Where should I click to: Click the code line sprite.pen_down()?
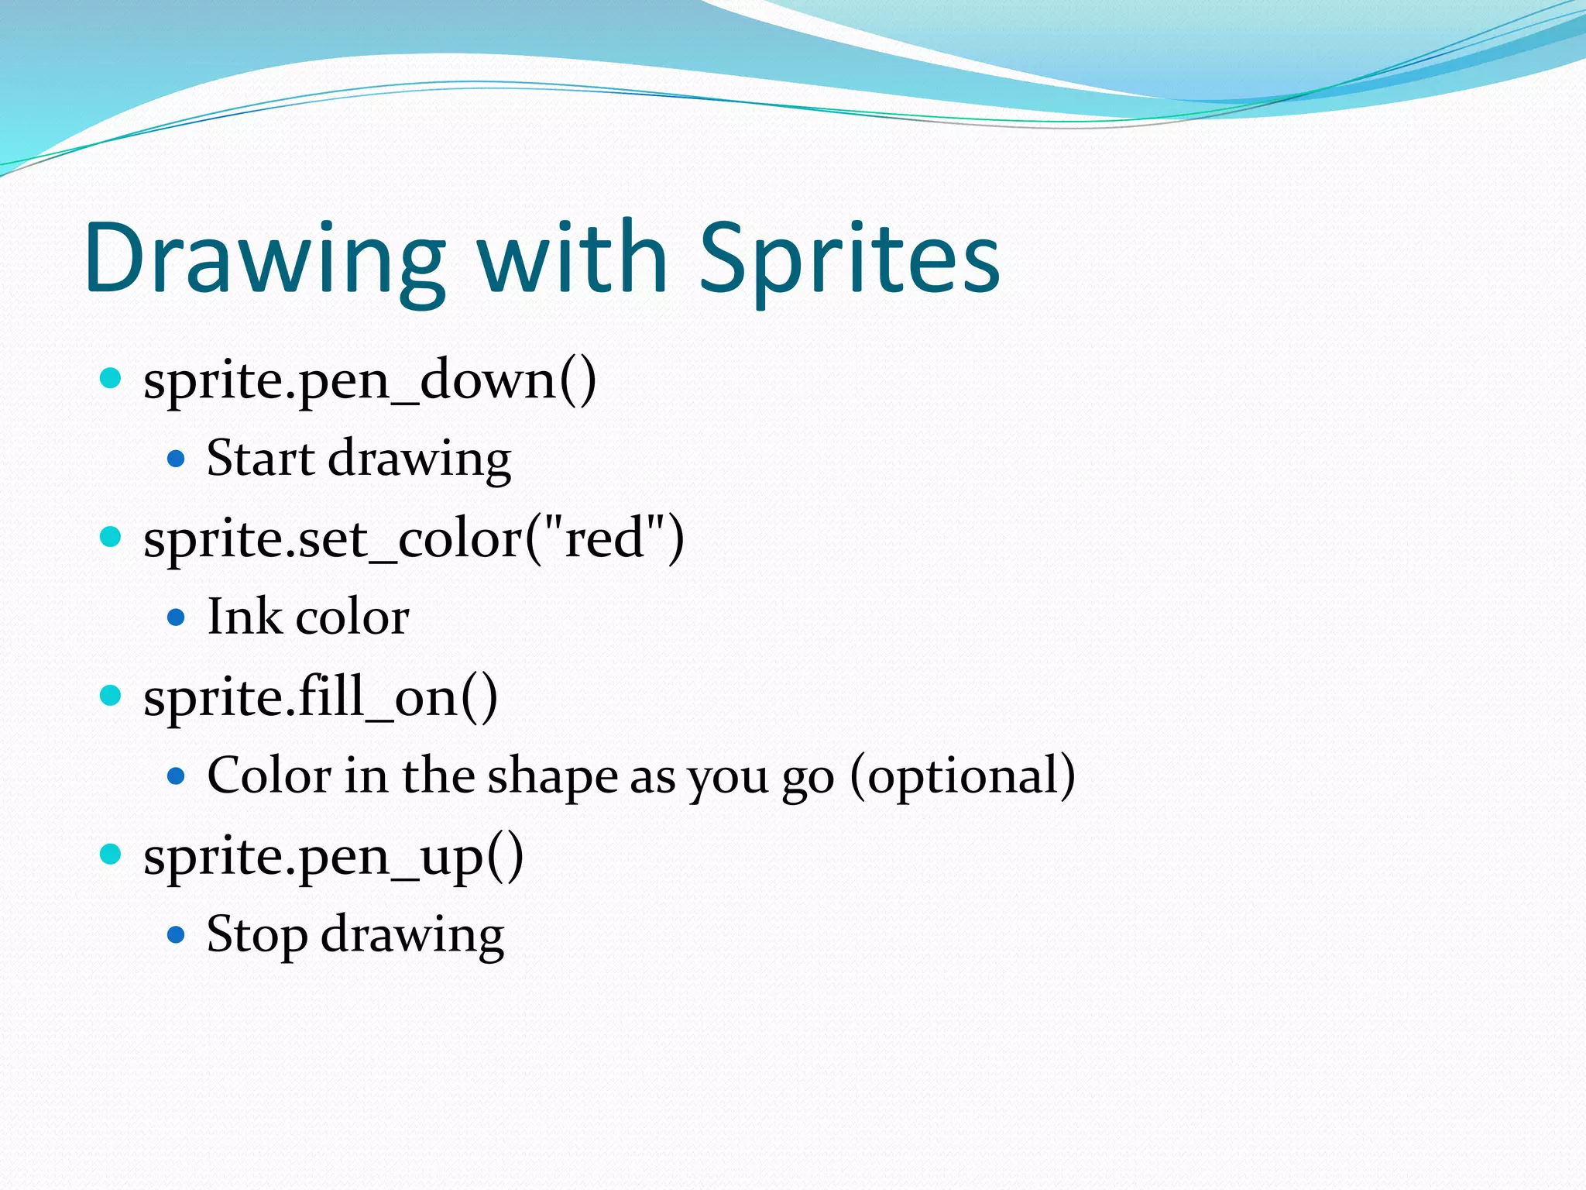369,381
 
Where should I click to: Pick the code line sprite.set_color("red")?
414,539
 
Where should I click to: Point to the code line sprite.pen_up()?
333,857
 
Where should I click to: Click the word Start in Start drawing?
260,459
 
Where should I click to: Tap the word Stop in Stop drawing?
256,934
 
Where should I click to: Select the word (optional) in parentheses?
963,776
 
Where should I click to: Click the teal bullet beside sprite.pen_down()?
112,379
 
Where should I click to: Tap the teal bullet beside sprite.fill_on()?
112,695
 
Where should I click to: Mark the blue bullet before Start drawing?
177,459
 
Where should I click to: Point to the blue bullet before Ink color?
177,617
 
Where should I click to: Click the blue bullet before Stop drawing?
177,935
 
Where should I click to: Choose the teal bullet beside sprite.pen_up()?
112,854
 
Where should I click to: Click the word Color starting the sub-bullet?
269,776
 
